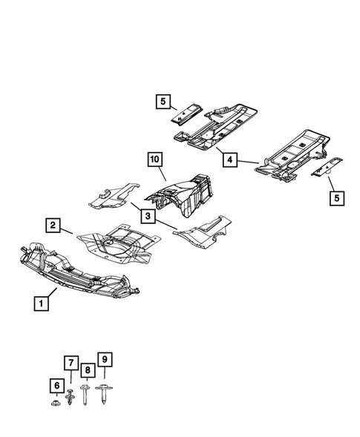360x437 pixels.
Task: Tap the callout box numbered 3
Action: [x=148, y=216]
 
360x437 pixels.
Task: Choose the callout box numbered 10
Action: [x=154, y=160]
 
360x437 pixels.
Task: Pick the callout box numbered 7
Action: [x=71, y=363]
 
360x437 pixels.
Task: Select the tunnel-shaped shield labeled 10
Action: [x=182, y=194]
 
